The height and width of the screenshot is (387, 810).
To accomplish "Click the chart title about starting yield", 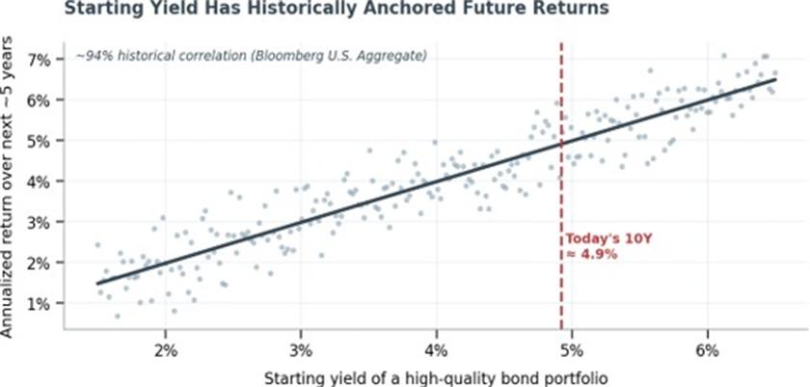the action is pyautogui.click(x=337, y=9).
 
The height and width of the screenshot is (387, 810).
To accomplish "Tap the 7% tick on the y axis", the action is pyautogui.click(x=40, y=60).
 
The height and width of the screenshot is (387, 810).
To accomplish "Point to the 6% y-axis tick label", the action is pyautogui.click(x=40, y=99).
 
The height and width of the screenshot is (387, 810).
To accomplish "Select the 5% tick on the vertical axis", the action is pyautogui.click(x=40, y=141).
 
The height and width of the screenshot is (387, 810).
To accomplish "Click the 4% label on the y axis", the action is pyautogui.click(x=40, y=181).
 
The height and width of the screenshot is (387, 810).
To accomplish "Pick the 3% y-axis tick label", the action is pyautogui.click(x=40, y=222).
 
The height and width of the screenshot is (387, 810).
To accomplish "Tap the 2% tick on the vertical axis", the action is pyautogui.click(x=40, y=263).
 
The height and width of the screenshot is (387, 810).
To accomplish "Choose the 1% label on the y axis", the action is pyautogui.click(x=40, y=303).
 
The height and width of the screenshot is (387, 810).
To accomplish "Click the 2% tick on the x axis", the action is pyautogui.click(x=165, y=350).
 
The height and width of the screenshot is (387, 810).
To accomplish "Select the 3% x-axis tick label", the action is pyautogui.click(x=301, y=350).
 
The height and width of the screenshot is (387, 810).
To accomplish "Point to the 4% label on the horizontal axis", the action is pyautogui.click(x=437, y=350).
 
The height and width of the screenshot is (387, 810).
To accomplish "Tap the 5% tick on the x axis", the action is pyautogui.click(x=572, y=350).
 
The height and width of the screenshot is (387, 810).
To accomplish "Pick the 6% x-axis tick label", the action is pyautogui.click(x=707, y=350).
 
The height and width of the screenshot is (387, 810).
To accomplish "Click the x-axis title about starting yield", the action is pyautogui.click(x=436, y=378).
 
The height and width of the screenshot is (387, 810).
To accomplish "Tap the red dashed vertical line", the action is pyautogui.click(x=561, y=186).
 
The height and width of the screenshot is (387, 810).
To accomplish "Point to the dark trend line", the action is pyautogui.click(x=436, y=181).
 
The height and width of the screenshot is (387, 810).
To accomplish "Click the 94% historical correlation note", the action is pyautogui.click(x=251, y=56).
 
